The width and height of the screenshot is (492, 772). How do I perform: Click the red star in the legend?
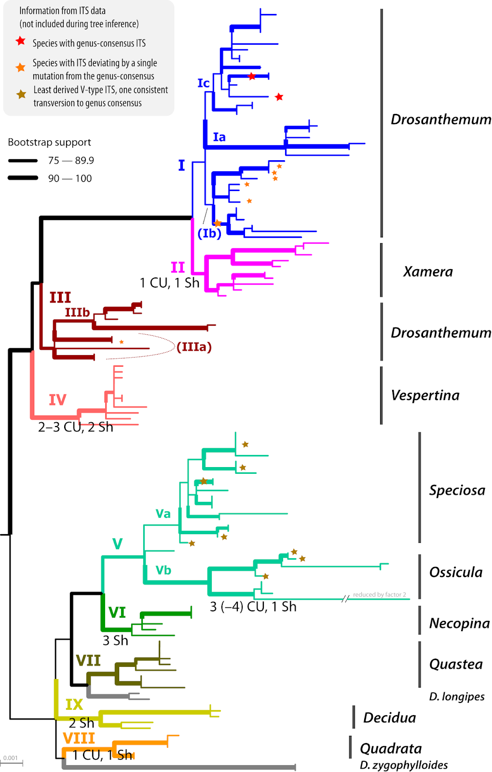tap(20, 41)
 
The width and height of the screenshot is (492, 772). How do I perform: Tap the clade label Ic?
tap(204, 83)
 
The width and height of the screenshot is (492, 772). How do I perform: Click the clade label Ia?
tap(219, 138)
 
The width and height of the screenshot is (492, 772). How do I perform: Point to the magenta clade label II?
tap(178, 267)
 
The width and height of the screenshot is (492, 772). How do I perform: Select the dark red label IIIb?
tap(77, 313)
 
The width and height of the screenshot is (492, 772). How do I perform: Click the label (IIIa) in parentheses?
tap(194, 347)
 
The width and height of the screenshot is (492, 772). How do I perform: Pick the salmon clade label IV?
tap(57, 400)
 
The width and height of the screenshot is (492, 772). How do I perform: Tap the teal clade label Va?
tap(163, 514)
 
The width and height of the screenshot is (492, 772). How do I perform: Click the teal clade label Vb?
tap(164, 570)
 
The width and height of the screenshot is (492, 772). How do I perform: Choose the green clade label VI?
tap(117, 613)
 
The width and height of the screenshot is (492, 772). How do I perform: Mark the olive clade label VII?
tap(88, 661)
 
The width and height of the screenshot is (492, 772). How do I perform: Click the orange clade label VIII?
tap(79, 738)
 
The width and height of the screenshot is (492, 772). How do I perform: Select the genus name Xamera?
tap(428, 272)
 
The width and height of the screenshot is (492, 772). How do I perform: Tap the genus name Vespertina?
tap(425, 395)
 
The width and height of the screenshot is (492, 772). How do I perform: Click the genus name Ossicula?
tap(455, 572)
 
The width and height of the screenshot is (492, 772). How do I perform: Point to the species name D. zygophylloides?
tap(403, 765)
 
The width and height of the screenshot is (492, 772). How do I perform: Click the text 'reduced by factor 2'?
tap(379, 594)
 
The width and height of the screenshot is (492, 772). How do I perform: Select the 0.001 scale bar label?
tap(10, 758)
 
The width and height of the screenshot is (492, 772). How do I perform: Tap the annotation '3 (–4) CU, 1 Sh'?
tap(253, 607)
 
